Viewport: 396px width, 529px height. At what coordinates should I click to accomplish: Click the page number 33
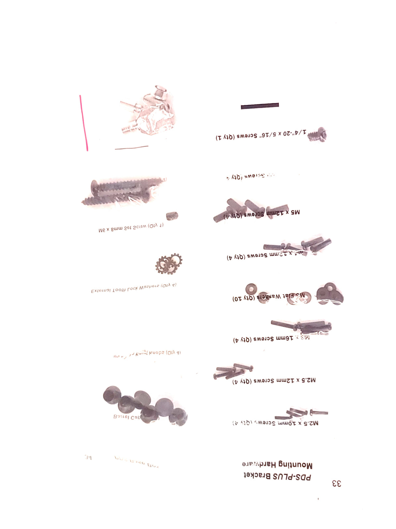(336, 483)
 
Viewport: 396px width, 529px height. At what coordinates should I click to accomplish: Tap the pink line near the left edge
(84, 123)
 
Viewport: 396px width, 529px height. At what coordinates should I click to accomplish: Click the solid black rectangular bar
(260, 106)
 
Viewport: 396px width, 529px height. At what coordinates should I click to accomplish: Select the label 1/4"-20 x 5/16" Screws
(261, 135)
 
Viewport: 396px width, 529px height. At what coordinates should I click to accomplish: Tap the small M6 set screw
(172, 215)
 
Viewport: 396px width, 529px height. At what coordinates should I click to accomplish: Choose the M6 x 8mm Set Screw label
(131, 228)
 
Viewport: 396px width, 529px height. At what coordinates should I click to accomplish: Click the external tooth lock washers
(169, 263)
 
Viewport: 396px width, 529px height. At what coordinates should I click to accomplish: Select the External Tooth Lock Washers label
(134, 288)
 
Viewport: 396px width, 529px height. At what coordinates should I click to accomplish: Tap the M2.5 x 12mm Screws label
(274, 381)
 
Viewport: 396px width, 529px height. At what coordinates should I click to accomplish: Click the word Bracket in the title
(258, 476)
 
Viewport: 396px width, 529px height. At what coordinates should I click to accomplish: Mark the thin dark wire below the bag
(131, 148)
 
